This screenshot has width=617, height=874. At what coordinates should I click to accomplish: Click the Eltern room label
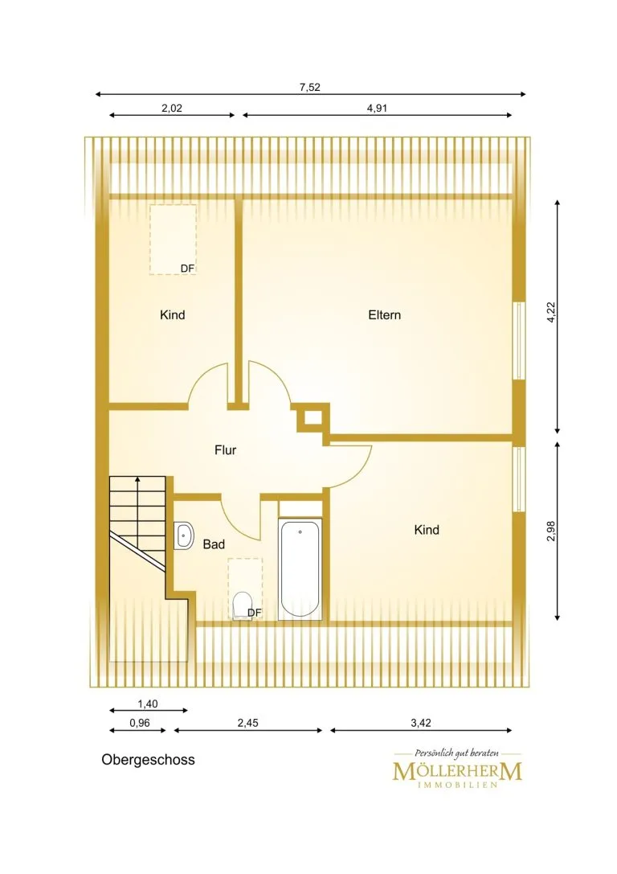[x=384, y=315]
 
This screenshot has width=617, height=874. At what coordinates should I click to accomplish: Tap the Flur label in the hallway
[x=226, y=449]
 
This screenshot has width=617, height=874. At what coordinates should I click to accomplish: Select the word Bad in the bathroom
[x=214, y=544]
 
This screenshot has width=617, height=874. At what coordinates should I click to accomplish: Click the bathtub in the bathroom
[x=300, y=568]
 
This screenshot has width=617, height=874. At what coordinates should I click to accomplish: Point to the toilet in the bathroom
[x=242, y=605]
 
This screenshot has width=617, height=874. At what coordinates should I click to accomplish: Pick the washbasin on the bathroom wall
[x=183, y=536]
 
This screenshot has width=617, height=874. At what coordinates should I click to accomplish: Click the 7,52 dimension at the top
[x=310, y=87]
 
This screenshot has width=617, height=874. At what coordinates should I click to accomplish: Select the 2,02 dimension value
[x=172, y=108]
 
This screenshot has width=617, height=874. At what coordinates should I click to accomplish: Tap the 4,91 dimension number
[x=377, y=108]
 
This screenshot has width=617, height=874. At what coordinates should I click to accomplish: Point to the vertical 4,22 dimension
[x=551, y=313]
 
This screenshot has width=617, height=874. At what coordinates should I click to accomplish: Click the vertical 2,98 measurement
[x=551, y=531]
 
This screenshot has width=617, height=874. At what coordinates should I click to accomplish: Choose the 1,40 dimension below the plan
[x=148, y=704]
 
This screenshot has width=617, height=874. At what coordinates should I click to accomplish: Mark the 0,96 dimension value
[x=140, y=723]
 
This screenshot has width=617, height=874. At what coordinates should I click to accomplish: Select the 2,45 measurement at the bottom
[x=247, y=723]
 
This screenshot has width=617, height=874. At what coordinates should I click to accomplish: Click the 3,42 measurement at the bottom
[x=421, y=723]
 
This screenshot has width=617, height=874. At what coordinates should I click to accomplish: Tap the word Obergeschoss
[x=148, y=760]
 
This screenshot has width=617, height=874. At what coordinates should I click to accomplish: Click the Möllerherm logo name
[x=457, y=771]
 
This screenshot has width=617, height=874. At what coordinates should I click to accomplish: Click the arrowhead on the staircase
[x=137, y=478]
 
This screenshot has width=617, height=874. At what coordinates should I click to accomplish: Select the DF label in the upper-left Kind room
[x=188, y=269]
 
